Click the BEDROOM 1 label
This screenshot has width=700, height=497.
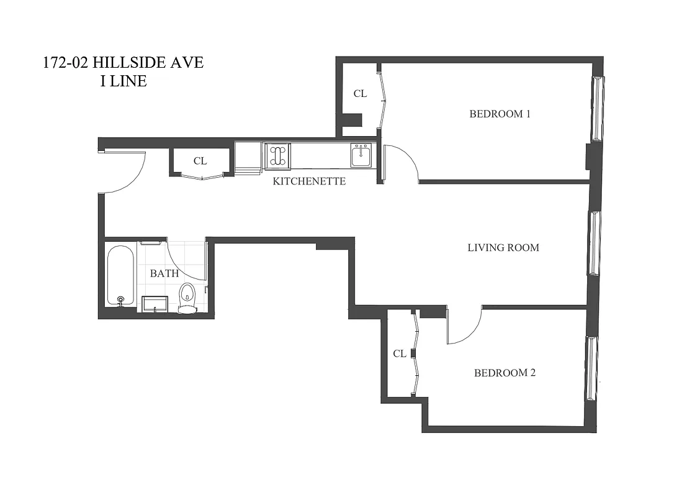pyautogui.click(x=500, y=114)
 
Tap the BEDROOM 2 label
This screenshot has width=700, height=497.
pyautogui.click(x=505, y=373)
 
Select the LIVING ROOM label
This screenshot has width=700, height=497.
pyautogui.click(x=503, y=247)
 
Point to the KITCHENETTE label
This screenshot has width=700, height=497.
pyautogui.click(x=309, y=181)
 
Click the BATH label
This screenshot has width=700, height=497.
pyautogui.click(x=164, y=273)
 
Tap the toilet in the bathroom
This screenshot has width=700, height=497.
pyautogui.click(x=187, y=298)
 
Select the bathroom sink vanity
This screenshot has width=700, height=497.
pyautogui.click(x=155, y=304)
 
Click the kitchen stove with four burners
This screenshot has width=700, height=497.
pyautogui.click(x=277, y=155)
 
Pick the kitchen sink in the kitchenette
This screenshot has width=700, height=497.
pyautogui.click(x=361, y=155)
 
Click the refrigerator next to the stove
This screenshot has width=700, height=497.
pyautogui.click(x=248, y=155)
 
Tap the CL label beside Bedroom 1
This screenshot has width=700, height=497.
pyautogui.click(x=360, y=94)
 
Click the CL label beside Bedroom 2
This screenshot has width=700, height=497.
pyautogui.click(x=400, y=353)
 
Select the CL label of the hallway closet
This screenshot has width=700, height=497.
pyautogui.click(x=200, y=160)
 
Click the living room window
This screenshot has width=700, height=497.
pyautogui.click(x=594, y=243)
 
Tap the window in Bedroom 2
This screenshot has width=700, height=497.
pyautogui.click(x=591, y=368)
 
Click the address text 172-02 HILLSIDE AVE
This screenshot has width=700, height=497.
pyautogui.click(x=123, y=63)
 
